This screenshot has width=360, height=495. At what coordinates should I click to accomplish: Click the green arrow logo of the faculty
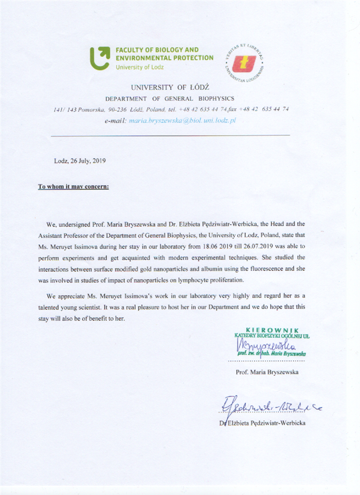click(x=100, y=58)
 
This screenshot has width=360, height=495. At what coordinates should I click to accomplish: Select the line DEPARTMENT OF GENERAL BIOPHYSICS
click(x=170, y=99)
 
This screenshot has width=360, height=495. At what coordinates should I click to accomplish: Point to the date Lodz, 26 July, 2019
click(x=80, y=160)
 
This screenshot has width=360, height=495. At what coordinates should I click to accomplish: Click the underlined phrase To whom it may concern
click(x=73, y=186)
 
